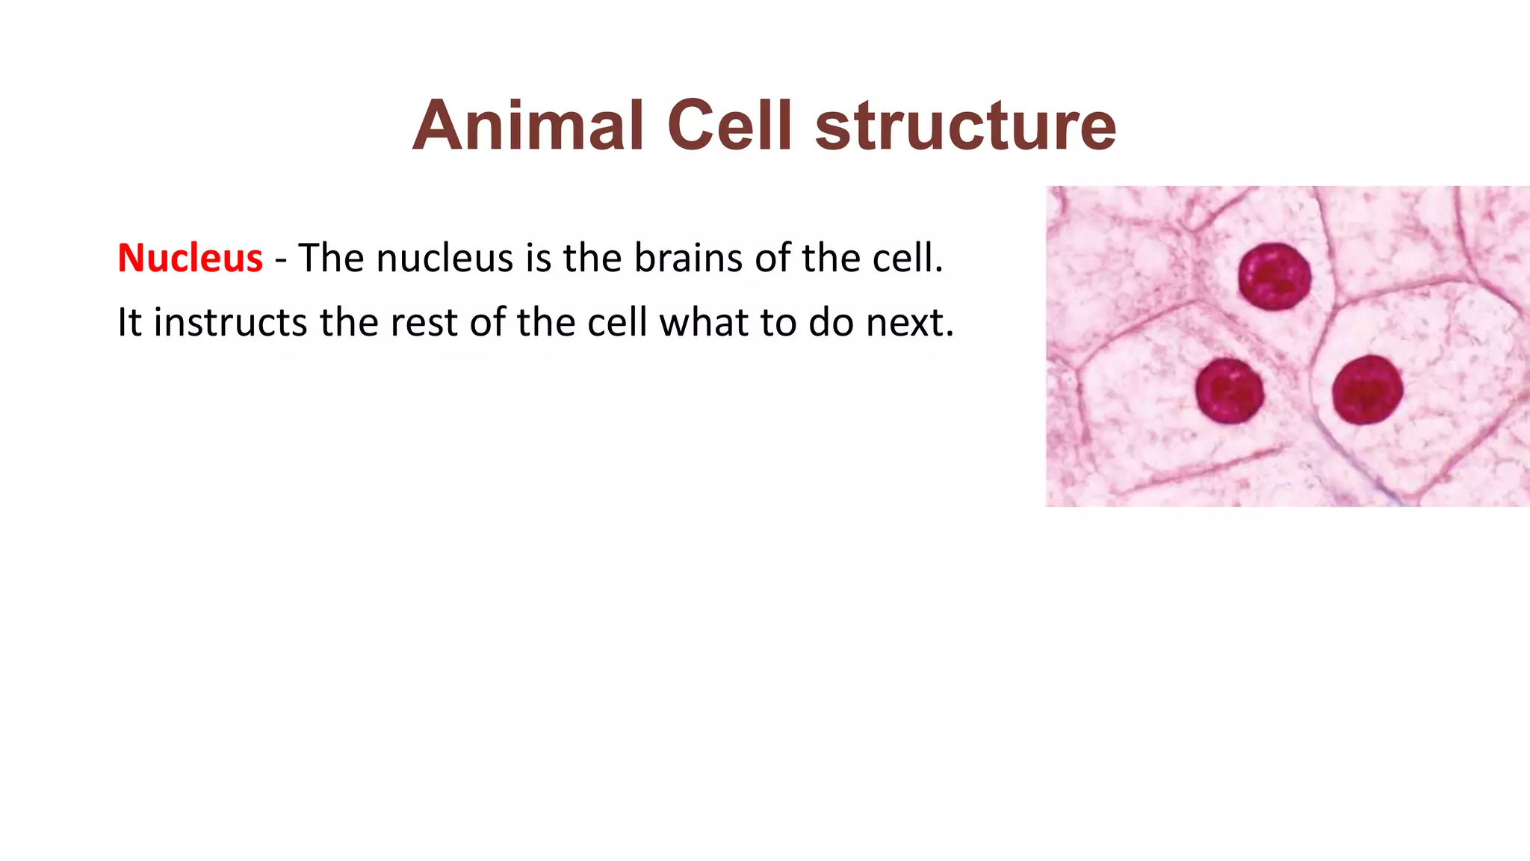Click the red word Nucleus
click(x=190, y=259)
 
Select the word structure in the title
click(x=965, y=127)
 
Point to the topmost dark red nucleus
click(x=1275, y=277)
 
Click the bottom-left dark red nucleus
click(x=1230, y=391)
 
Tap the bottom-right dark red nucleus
click(x=1368, y=390)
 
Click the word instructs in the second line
click(x=230, y=323)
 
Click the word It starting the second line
click(x=129, y=323)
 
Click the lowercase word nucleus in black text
click(x=445, y=259)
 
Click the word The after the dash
click(x=331, y=259)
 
